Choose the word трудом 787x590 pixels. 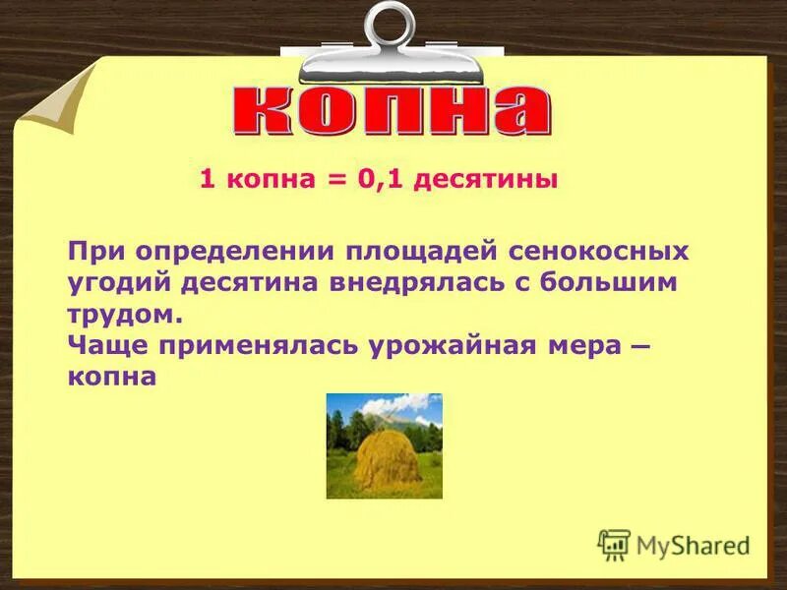pyautogui.click(x=126, y=316)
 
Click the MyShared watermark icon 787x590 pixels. pyautogui.click(x=614, y=545)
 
